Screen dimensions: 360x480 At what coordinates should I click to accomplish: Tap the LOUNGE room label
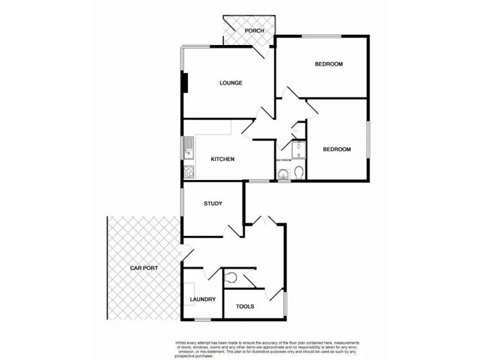(x=230, y=83)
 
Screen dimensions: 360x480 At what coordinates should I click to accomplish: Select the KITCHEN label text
(x=221, y=159)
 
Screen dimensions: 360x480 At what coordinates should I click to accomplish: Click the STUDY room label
(x=213, y=204)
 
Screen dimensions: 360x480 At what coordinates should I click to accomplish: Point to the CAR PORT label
(x=144, y=268)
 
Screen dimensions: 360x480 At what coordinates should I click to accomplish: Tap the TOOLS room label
(x=245, y=307)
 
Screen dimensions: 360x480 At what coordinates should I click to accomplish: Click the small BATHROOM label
(x=284, y=161)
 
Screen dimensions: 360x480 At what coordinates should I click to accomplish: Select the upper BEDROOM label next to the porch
(x=329, y=64)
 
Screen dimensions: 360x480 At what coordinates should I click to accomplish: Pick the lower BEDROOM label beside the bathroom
(x=337, y=149)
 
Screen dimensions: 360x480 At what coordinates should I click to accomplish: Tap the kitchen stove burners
(x=188, y=171)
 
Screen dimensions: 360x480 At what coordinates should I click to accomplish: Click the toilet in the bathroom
(x=298, y=173)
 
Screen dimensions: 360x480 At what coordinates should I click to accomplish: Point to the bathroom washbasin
(x=283, y=174)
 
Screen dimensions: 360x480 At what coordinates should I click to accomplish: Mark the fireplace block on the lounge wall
(x=185, y=83)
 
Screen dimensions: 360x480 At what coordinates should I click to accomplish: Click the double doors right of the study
(x=265, y=221)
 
